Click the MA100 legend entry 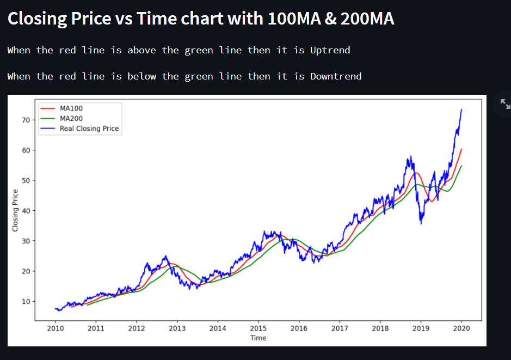[71, 108]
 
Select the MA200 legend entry [71, 118]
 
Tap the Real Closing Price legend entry [89, 129]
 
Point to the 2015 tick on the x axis [258, 328]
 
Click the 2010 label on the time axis [55, 328]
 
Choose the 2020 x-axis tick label [461, 328]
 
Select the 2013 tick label [177, 328]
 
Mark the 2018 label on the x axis [380, 328]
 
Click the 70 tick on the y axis [26, 120]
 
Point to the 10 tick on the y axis [26, 301]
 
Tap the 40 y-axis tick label [26, 211]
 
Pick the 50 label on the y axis [26, 180]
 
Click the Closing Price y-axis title [15, 210]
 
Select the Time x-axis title [258, 338]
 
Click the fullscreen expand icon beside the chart [504, 104]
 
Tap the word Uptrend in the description [330, 50]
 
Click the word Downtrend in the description [336, 76]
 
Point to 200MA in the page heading [367, 19]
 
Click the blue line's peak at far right [461, 109]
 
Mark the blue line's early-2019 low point [421, 223]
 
